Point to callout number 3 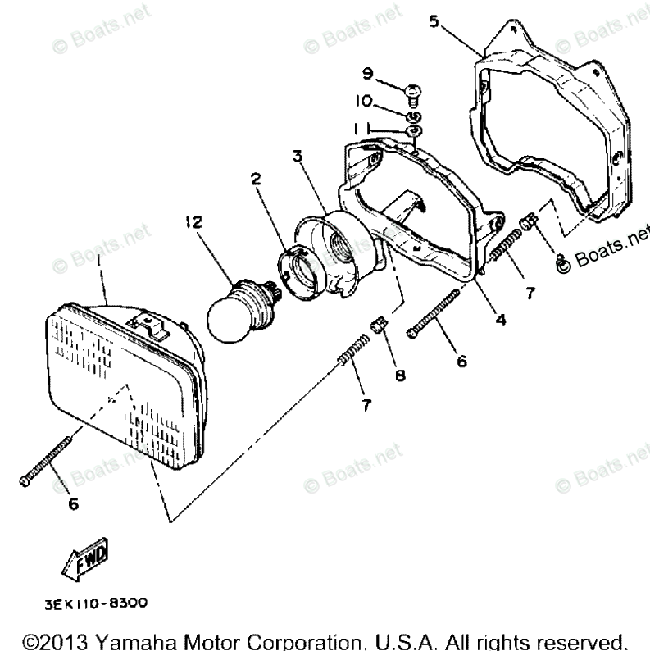tap(297, 155)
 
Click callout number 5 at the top tap(434, 21)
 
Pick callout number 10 tap(364, 102)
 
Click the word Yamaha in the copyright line tap(130, 638)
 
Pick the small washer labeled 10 tap(414, 115)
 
